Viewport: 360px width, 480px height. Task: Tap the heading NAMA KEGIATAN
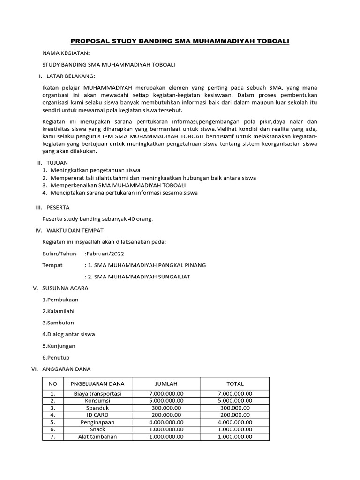click(66, 53)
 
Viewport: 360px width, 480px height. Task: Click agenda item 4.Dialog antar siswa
click(68, 334)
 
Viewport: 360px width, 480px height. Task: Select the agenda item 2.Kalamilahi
click(59, 311)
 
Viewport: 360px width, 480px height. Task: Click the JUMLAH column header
click(166, 383)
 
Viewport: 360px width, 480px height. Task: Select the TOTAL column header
click(235, 383)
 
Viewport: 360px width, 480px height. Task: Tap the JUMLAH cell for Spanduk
click(166, 408)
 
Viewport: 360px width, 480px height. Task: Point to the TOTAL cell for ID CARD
click(235, 415)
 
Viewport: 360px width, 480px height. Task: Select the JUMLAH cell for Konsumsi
click(166, 401)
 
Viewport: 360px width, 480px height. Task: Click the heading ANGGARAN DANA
click(66, 369)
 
